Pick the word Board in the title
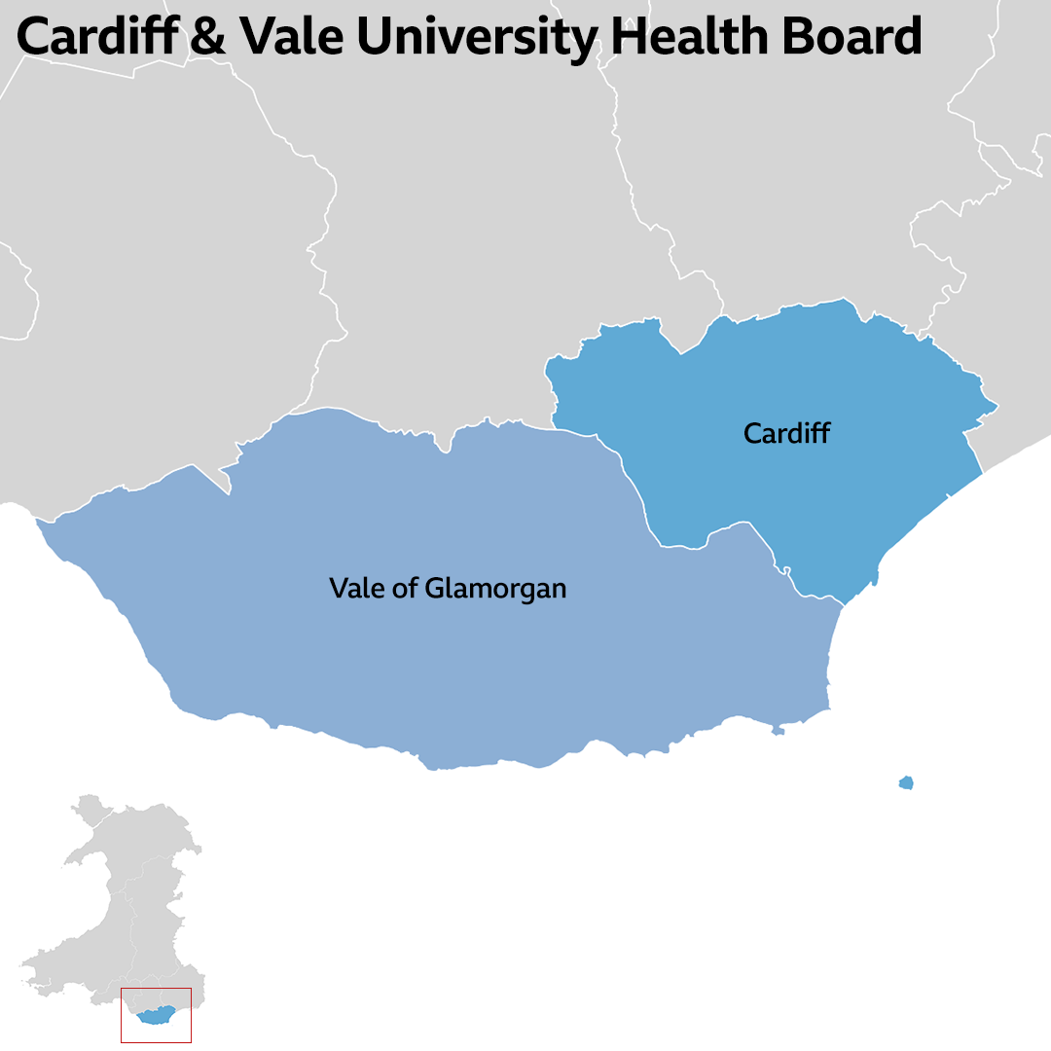coord(851,37)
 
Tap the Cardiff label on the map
coord(786,433)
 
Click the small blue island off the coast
coord(906,782)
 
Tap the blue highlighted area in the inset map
coord(156,1016)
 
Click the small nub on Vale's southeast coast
coord(778,730)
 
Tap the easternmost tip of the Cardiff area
coord(997,405)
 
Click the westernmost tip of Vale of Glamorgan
coord(38,522)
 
